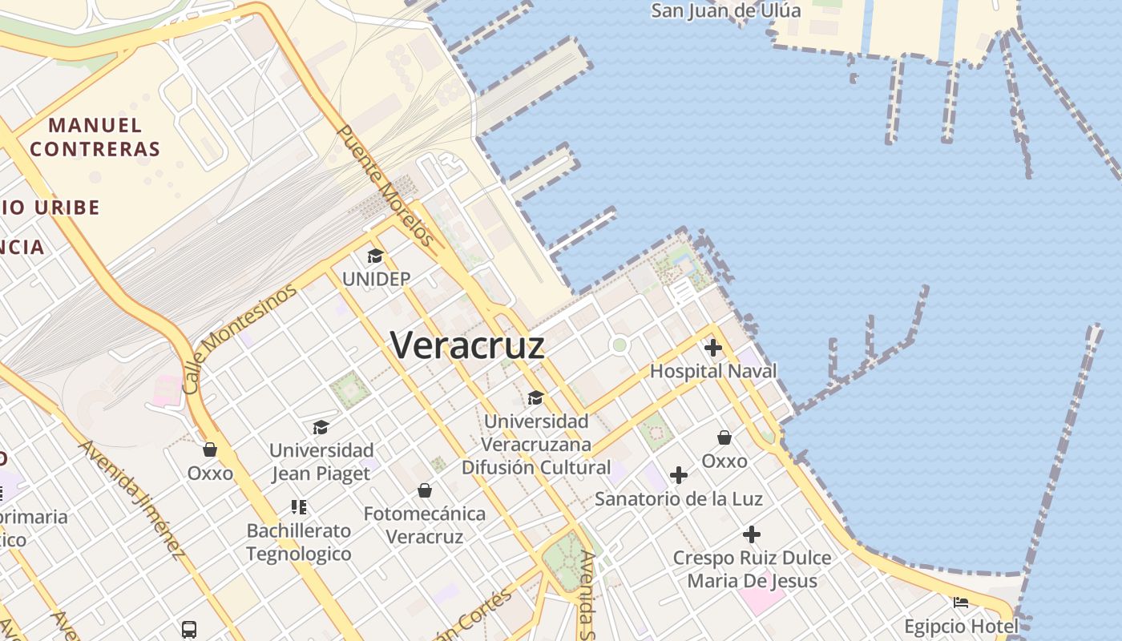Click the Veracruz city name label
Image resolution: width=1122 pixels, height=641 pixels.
(x=467, y=345)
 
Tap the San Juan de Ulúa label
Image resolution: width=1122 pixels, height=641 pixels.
(x=725, y=10)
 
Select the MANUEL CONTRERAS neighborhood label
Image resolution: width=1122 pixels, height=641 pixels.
(x=95, y=137)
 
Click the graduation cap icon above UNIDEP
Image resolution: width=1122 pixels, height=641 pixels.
(x=375, y=256)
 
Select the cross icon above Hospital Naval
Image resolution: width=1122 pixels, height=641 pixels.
(x=712, y=348)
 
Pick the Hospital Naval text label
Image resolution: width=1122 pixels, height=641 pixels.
(x=713, y=371)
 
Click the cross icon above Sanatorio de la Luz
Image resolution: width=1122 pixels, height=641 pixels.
(x=679, y=475)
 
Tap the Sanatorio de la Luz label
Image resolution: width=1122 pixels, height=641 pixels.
(x=679, y=498)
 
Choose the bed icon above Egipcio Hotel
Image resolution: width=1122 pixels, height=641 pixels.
(x=961, y=603)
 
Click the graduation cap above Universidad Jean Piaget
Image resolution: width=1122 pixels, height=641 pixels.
(x=321, y=427)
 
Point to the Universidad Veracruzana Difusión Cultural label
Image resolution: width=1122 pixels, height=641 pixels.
(x=536, y=444)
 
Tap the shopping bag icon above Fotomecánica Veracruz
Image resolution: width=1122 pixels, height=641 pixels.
(x=425, y=490)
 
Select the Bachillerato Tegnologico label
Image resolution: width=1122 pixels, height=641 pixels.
(x=299, y=542)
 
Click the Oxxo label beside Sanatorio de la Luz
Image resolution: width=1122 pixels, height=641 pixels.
(x=724, y=461)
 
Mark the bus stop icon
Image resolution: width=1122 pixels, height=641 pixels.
(x=189, y=630)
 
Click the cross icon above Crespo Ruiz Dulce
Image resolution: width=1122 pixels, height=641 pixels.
(x=752, y=534)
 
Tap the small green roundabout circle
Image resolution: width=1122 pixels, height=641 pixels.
(x=619, y=345)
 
